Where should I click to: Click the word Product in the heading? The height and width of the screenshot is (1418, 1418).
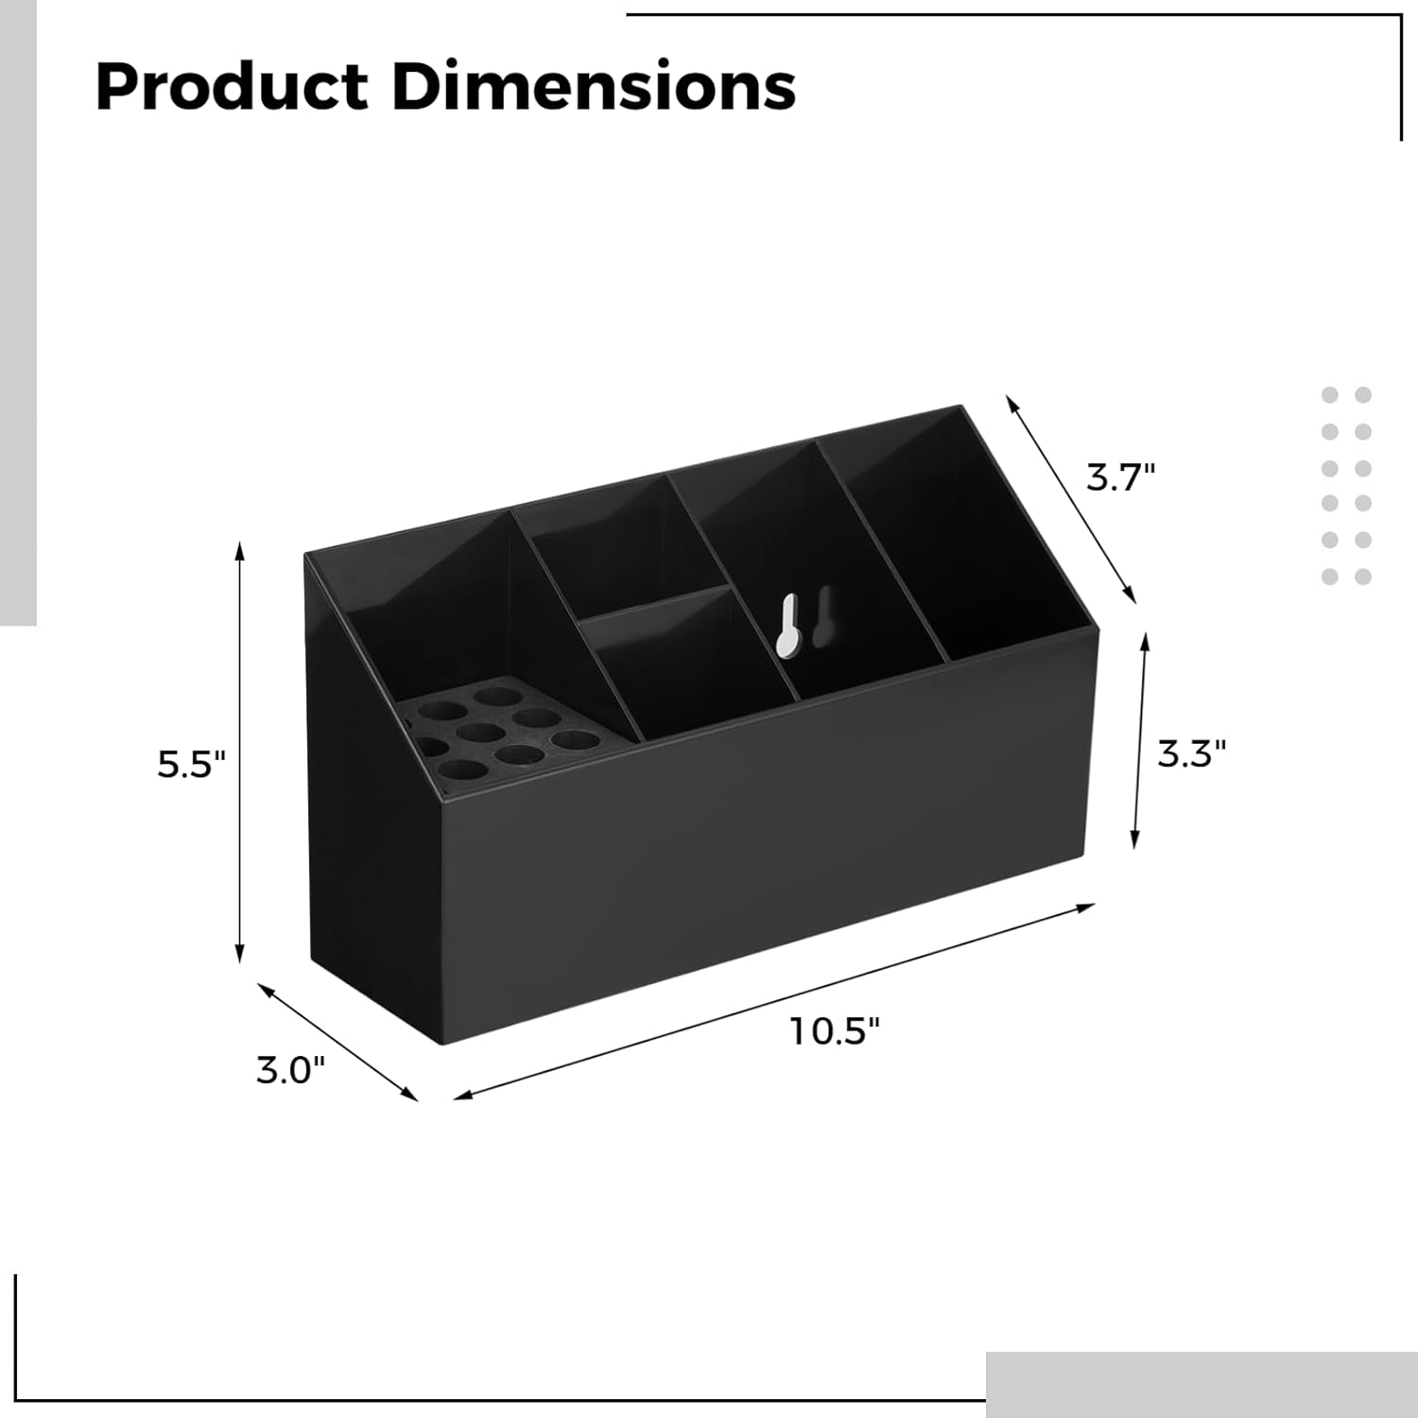pos(232,87)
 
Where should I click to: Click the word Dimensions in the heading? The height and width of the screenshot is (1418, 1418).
pos(594,87)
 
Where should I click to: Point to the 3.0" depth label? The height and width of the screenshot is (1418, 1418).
pos(290,1071)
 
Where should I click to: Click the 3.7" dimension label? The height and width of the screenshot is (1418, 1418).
pos(1120,477)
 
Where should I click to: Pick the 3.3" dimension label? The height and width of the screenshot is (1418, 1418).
pos(1191,753)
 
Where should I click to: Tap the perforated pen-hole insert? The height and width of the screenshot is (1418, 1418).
pos(492,737)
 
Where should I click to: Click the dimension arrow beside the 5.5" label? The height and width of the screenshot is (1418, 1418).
pos(240,752)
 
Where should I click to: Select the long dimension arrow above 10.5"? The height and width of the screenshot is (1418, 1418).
pos(775,1002)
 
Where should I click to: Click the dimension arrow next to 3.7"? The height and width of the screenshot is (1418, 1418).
pos(1070,498)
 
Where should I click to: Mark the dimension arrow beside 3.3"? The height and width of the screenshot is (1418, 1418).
pos(1140,740)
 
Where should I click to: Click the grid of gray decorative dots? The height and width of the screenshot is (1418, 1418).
pos(1346,485)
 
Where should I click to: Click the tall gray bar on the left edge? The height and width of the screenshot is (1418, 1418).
pos(18,312)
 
